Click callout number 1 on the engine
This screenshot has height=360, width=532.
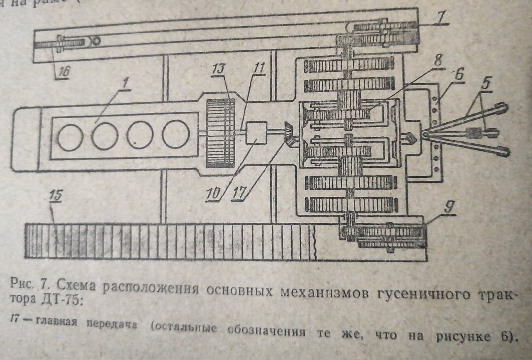pos(125,84)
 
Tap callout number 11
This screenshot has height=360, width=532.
pos(257,68)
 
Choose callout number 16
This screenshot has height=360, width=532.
pos(63,71)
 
